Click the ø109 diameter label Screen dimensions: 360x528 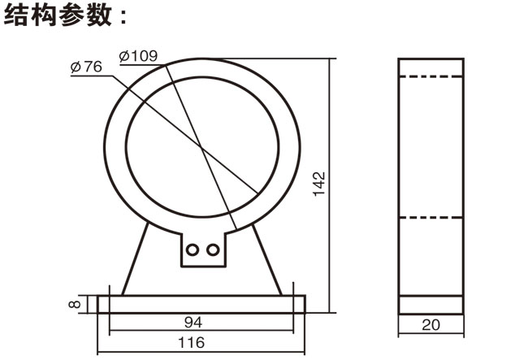pos(138,56)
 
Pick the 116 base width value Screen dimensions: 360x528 pos(193,342)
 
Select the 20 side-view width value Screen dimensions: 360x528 pos(431,325)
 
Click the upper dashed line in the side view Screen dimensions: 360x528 pos(431,76)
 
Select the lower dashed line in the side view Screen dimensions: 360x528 pos(431,218)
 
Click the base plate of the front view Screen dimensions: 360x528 pos(201,304)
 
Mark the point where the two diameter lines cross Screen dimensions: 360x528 pos(200,147)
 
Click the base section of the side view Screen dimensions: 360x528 pos(431,304)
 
